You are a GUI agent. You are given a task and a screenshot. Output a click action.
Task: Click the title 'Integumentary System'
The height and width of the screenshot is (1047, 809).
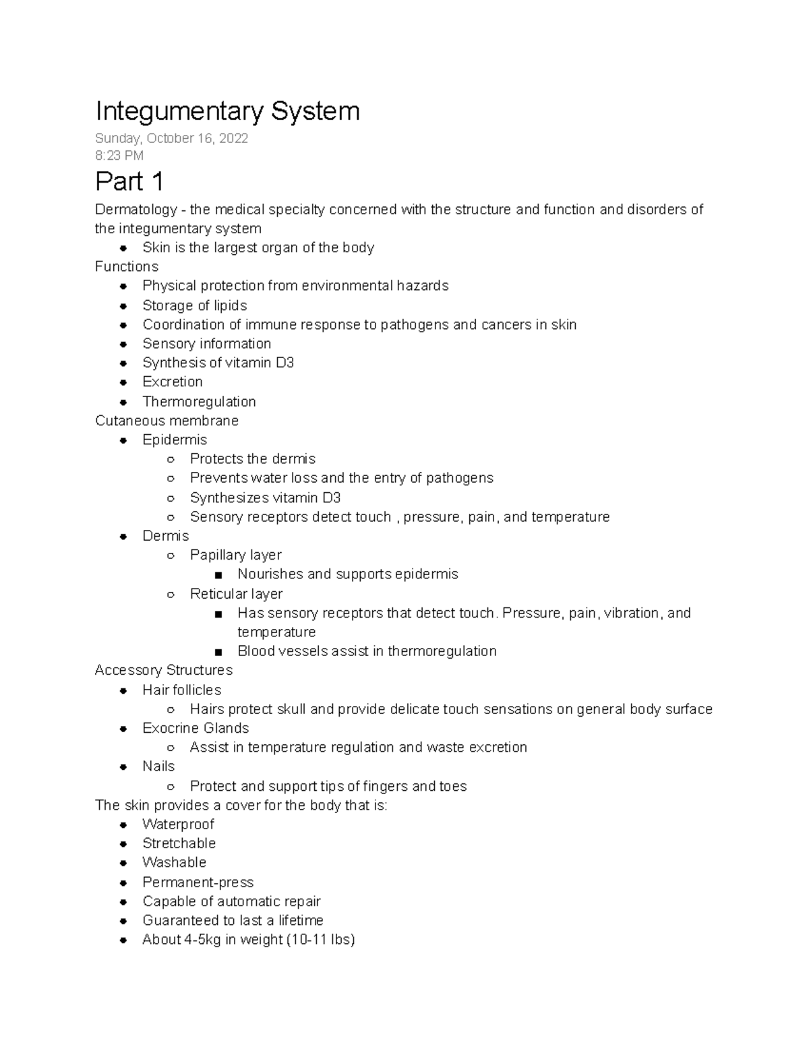pos(227,111)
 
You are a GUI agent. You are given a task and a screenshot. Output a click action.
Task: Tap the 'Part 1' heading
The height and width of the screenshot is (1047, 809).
pos(129,181)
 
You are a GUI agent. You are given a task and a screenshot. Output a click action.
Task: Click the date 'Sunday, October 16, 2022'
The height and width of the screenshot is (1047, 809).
pos(171,138)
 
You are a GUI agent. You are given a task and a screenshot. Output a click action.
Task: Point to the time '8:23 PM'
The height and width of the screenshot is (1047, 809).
pos(119,156)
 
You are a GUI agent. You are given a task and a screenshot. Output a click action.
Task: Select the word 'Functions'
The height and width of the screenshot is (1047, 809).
pos(127,266)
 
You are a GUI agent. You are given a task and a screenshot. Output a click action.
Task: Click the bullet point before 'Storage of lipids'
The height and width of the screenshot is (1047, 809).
pos(123,305)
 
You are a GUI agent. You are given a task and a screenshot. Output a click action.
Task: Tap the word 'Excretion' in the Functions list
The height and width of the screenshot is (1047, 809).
pos(173,382)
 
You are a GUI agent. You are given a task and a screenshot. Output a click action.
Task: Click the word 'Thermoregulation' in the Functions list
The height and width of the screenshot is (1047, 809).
pos(199,402)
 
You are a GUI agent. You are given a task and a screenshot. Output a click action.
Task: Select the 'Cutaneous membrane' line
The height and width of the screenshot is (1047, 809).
pos(167,421)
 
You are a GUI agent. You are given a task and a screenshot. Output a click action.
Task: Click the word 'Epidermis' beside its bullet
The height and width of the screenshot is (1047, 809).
pos(175,440)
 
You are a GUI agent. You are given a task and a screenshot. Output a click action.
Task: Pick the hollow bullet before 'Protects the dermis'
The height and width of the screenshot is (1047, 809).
pos(171,459)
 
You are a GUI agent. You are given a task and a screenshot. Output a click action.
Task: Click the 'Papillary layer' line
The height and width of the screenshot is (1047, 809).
pos(235,555)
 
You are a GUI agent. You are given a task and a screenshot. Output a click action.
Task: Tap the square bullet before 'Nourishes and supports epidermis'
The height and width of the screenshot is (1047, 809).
pos(218,575)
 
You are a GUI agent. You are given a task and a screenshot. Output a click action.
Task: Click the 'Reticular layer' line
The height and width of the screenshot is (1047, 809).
pos(236,594)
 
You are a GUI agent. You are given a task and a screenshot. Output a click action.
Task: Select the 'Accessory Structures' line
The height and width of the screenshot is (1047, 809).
pos(164,670)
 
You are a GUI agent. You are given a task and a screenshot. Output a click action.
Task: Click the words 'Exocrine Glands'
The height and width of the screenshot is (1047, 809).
pos(196,728)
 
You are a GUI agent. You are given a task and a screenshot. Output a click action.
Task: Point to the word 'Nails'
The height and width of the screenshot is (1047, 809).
pos(158,767)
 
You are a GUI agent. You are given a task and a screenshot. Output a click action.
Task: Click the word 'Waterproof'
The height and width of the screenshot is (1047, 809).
pos(178,825)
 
